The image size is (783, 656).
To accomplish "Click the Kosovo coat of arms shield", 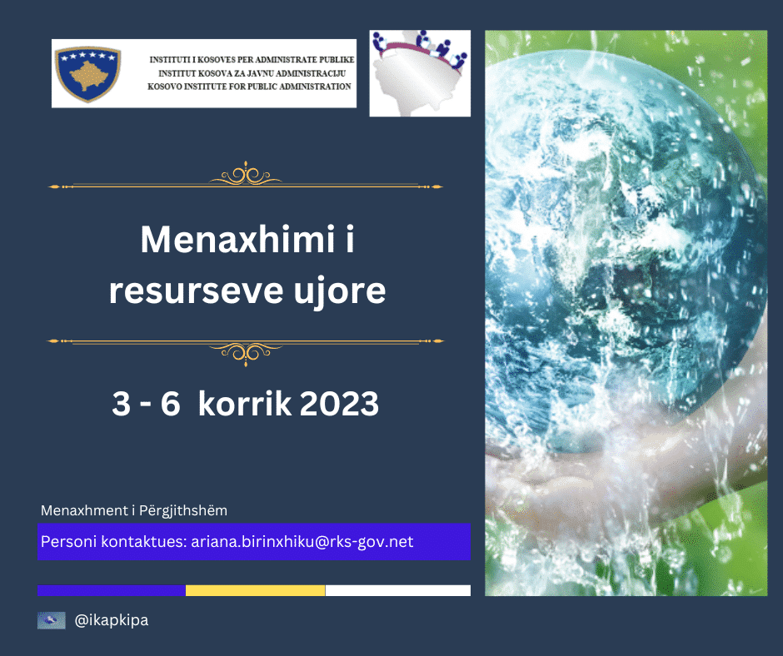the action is coord(88,74).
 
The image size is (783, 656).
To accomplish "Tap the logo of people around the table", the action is coord(420,73).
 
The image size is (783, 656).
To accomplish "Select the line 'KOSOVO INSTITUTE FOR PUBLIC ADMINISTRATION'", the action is coord(249,87).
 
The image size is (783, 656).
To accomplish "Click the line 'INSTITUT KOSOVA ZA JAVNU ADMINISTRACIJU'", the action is coord(252,73).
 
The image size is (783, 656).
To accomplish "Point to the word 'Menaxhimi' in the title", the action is coord(237,240).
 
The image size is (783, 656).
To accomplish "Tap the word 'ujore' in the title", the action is coord(340,292).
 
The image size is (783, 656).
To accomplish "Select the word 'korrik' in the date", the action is coord(245,404).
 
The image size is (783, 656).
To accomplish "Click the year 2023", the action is coord(340,404).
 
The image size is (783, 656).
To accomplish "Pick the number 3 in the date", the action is coord(122,404).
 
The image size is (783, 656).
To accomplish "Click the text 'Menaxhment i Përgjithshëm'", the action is coord(134,510).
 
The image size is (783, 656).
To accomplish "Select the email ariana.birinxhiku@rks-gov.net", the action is coord(302,542).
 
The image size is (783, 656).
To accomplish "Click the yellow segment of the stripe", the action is coord(255,590).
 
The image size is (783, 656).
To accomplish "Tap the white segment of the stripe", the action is coord(398,590).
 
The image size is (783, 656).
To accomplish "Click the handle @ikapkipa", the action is coord(112,620).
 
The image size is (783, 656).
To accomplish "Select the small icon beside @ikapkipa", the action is coord(52,620).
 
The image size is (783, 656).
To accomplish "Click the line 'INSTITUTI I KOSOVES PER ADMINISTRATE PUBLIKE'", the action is coord(252,60).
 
